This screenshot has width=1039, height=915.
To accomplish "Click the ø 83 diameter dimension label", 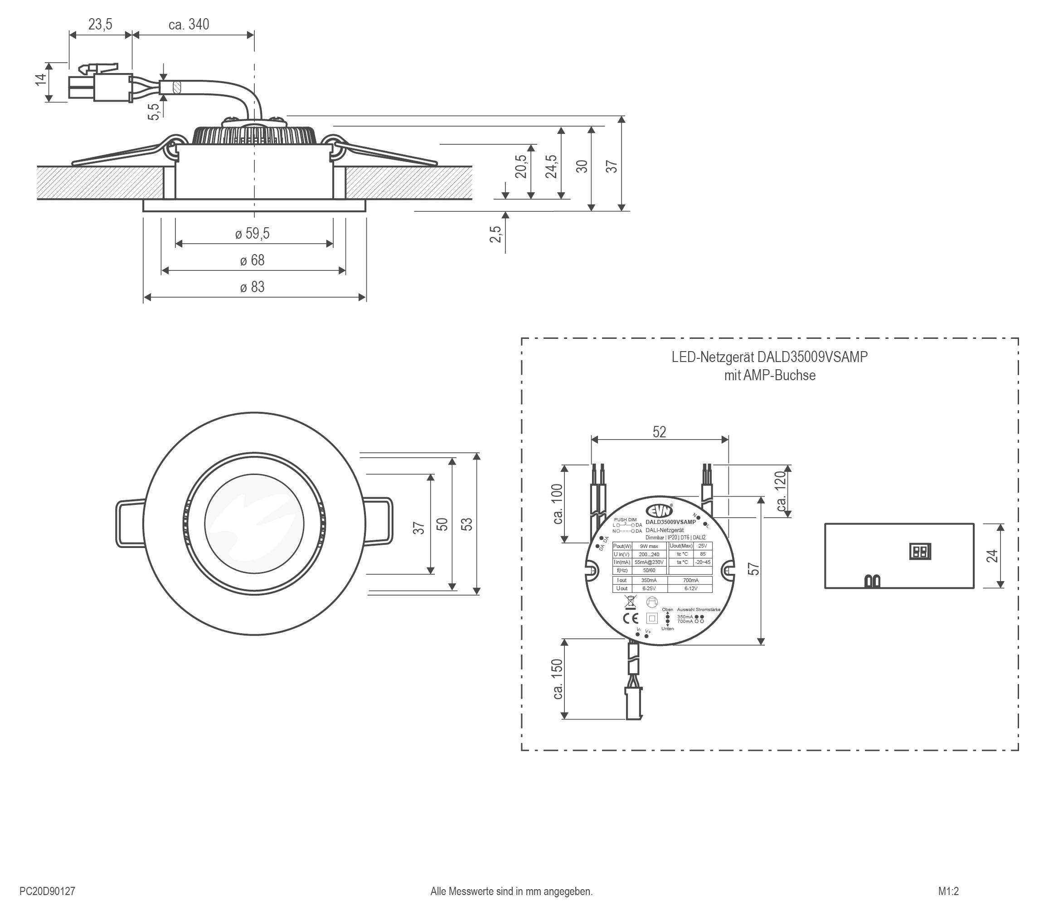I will (252, 287).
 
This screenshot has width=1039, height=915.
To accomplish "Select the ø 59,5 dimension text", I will (252, 234).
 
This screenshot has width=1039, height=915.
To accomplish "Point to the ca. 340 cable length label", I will (189, 24).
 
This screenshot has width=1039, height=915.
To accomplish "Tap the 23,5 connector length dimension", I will (100, 24).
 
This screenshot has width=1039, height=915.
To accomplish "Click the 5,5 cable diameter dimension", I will (154, 112).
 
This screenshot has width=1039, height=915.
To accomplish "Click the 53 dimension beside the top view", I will (466, 524).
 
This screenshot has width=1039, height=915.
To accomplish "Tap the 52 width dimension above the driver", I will (659, 432).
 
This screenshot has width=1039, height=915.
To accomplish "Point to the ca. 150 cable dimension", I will (558, 679).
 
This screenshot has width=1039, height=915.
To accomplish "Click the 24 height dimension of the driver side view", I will (992, 556).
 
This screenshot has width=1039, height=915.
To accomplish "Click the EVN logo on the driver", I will (659, 510).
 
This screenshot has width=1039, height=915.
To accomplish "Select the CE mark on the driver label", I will (631, 618).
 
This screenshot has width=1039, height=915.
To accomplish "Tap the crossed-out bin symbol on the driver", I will (630, 601).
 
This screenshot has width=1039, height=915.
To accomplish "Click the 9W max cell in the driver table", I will (649, 546).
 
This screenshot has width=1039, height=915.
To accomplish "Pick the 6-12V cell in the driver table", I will (690, 588).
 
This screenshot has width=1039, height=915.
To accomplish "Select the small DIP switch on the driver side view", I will (919, 552).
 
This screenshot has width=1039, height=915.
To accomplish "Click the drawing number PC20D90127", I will (47, 891).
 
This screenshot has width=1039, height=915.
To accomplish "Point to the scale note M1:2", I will (948, 891).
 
